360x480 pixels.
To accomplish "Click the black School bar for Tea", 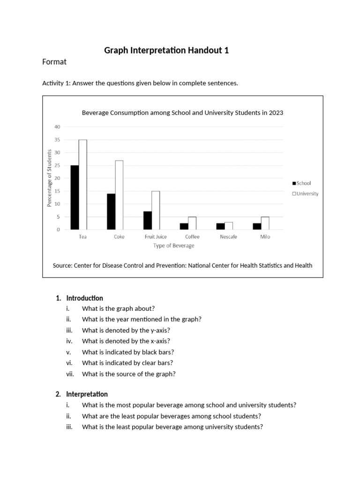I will (74, 197).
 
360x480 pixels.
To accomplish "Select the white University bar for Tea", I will (82, 185).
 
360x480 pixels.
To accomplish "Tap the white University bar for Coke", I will (119, 195).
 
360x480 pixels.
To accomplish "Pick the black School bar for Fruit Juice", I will (147, 220).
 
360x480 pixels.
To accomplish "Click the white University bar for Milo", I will (265, 223).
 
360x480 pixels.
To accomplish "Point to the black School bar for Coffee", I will (184, 226).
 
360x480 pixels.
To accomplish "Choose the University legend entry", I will (305, 194).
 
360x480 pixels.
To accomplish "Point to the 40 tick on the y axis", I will (57, 127).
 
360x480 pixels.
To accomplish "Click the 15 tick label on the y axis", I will (57, 191).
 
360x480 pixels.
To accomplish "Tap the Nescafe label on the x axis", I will (228, 237).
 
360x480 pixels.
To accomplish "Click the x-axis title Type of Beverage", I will (173, 246).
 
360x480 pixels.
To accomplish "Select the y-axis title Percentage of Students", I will (49, 178).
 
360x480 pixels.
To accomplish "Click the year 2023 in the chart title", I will (275, 112).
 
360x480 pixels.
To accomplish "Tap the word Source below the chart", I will (62, 265).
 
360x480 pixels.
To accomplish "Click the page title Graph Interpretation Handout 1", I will (166, 51).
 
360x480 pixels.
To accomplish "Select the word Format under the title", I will (54, 62).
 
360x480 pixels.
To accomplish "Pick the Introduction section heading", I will (84, 298).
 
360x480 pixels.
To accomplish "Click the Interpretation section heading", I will (87, 394).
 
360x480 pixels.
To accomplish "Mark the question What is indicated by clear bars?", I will (127, 363).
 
